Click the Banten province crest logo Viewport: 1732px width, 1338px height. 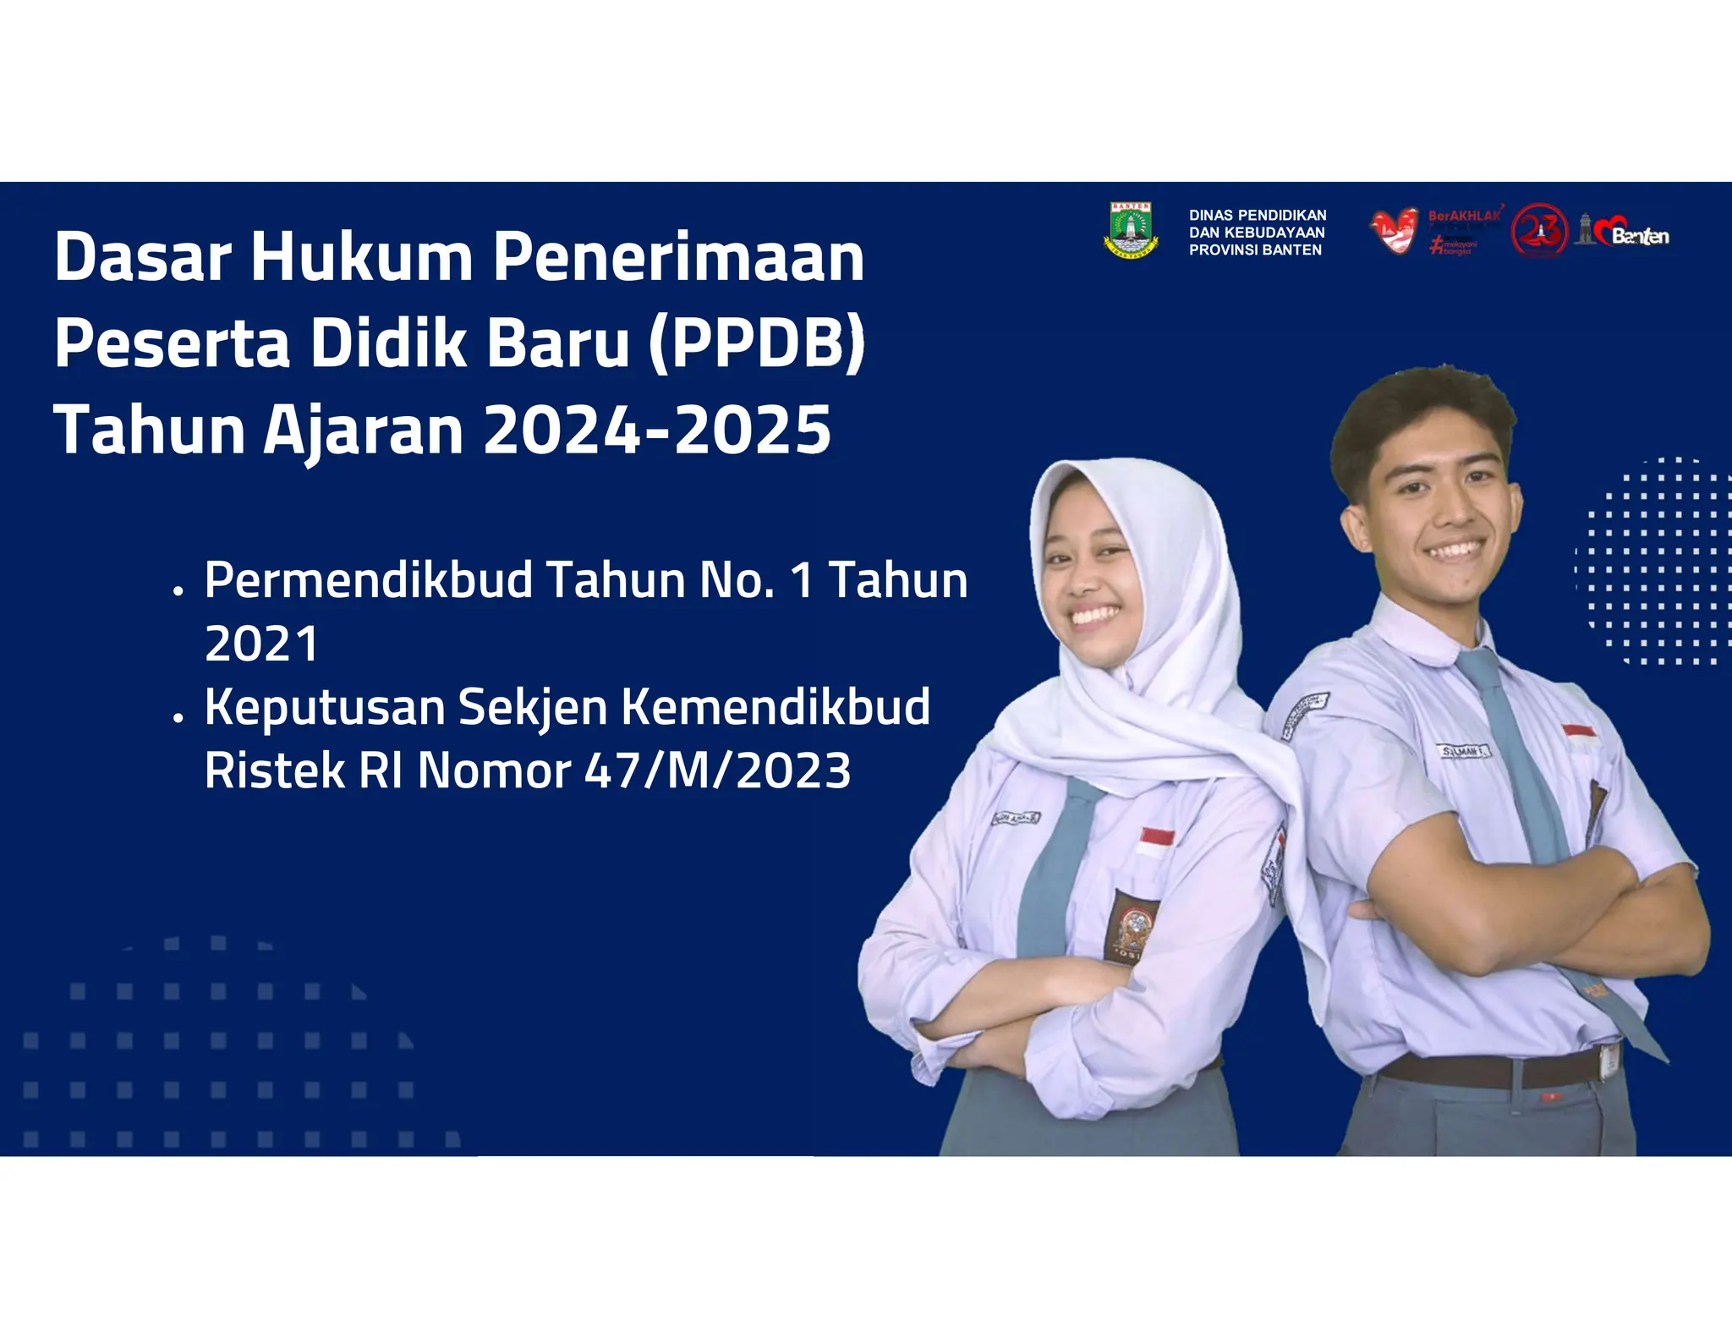coord(1131,230)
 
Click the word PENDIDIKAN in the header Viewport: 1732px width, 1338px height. coord(1282,216)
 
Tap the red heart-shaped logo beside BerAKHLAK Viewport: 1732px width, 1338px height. coord(1394,231)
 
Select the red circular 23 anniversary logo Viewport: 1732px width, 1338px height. coord(1540,230)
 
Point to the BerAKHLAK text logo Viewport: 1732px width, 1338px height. coord(1465,217)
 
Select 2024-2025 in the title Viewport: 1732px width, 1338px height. coord(657,429)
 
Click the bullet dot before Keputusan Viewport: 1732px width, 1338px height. coord(178,718)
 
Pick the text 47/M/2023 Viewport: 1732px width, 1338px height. coord(718,771)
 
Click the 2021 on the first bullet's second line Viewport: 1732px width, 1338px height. coord(262,644)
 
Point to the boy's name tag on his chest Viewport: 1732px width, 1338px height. coord(1465,750)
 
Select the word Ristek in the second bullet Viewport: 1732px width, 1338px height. coord(274,771)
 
